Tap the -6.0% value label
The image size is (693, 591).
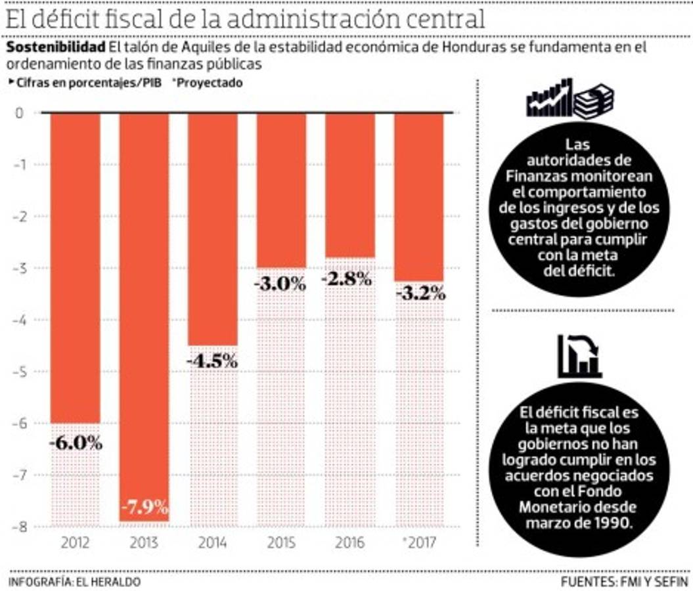[x=76, y=443]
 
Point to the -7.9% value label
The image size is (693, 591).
[x=145, y=508]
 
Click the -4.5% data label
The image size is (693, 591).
[x=212, y=362]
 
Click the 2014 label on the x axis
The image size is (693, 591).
[x=212, y=544]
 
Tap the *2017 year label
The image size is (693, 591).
[x=418, y=544]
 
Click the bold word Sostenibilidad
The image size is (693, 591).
[x=56, y=49]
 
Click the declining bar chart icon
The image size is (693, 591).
[x=579, y=357]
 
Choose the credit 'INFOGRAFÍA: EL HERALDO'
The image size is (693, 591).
[x=74, y=582]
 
